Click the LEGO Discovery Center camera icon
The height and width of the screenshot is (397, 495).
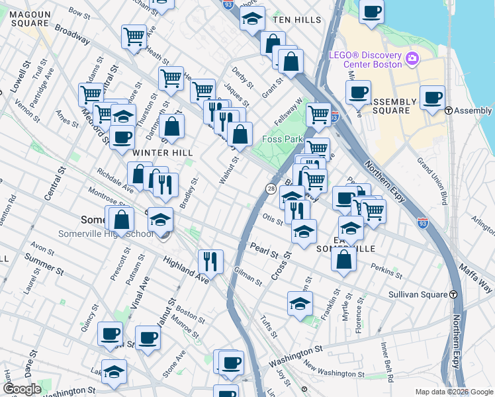[x=412, y=59]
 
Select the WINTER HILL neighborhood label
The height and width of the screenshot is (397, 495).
[x=163, y=153]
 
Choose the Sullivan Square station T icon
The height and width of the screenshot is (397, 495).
[x=453, y=294]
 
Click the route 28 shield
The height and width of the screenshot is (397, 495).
[x=271, y=189]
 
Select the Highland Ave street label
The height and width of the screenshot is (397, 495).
[x=186, y=271]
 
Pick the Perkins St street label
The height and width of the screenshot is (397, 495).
[x=386, y=271]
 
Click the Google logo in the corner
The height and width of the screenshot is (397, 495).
[x=22, y=389]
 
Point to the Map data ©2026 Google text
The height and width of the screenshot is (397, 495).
[x=453, y=392]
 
